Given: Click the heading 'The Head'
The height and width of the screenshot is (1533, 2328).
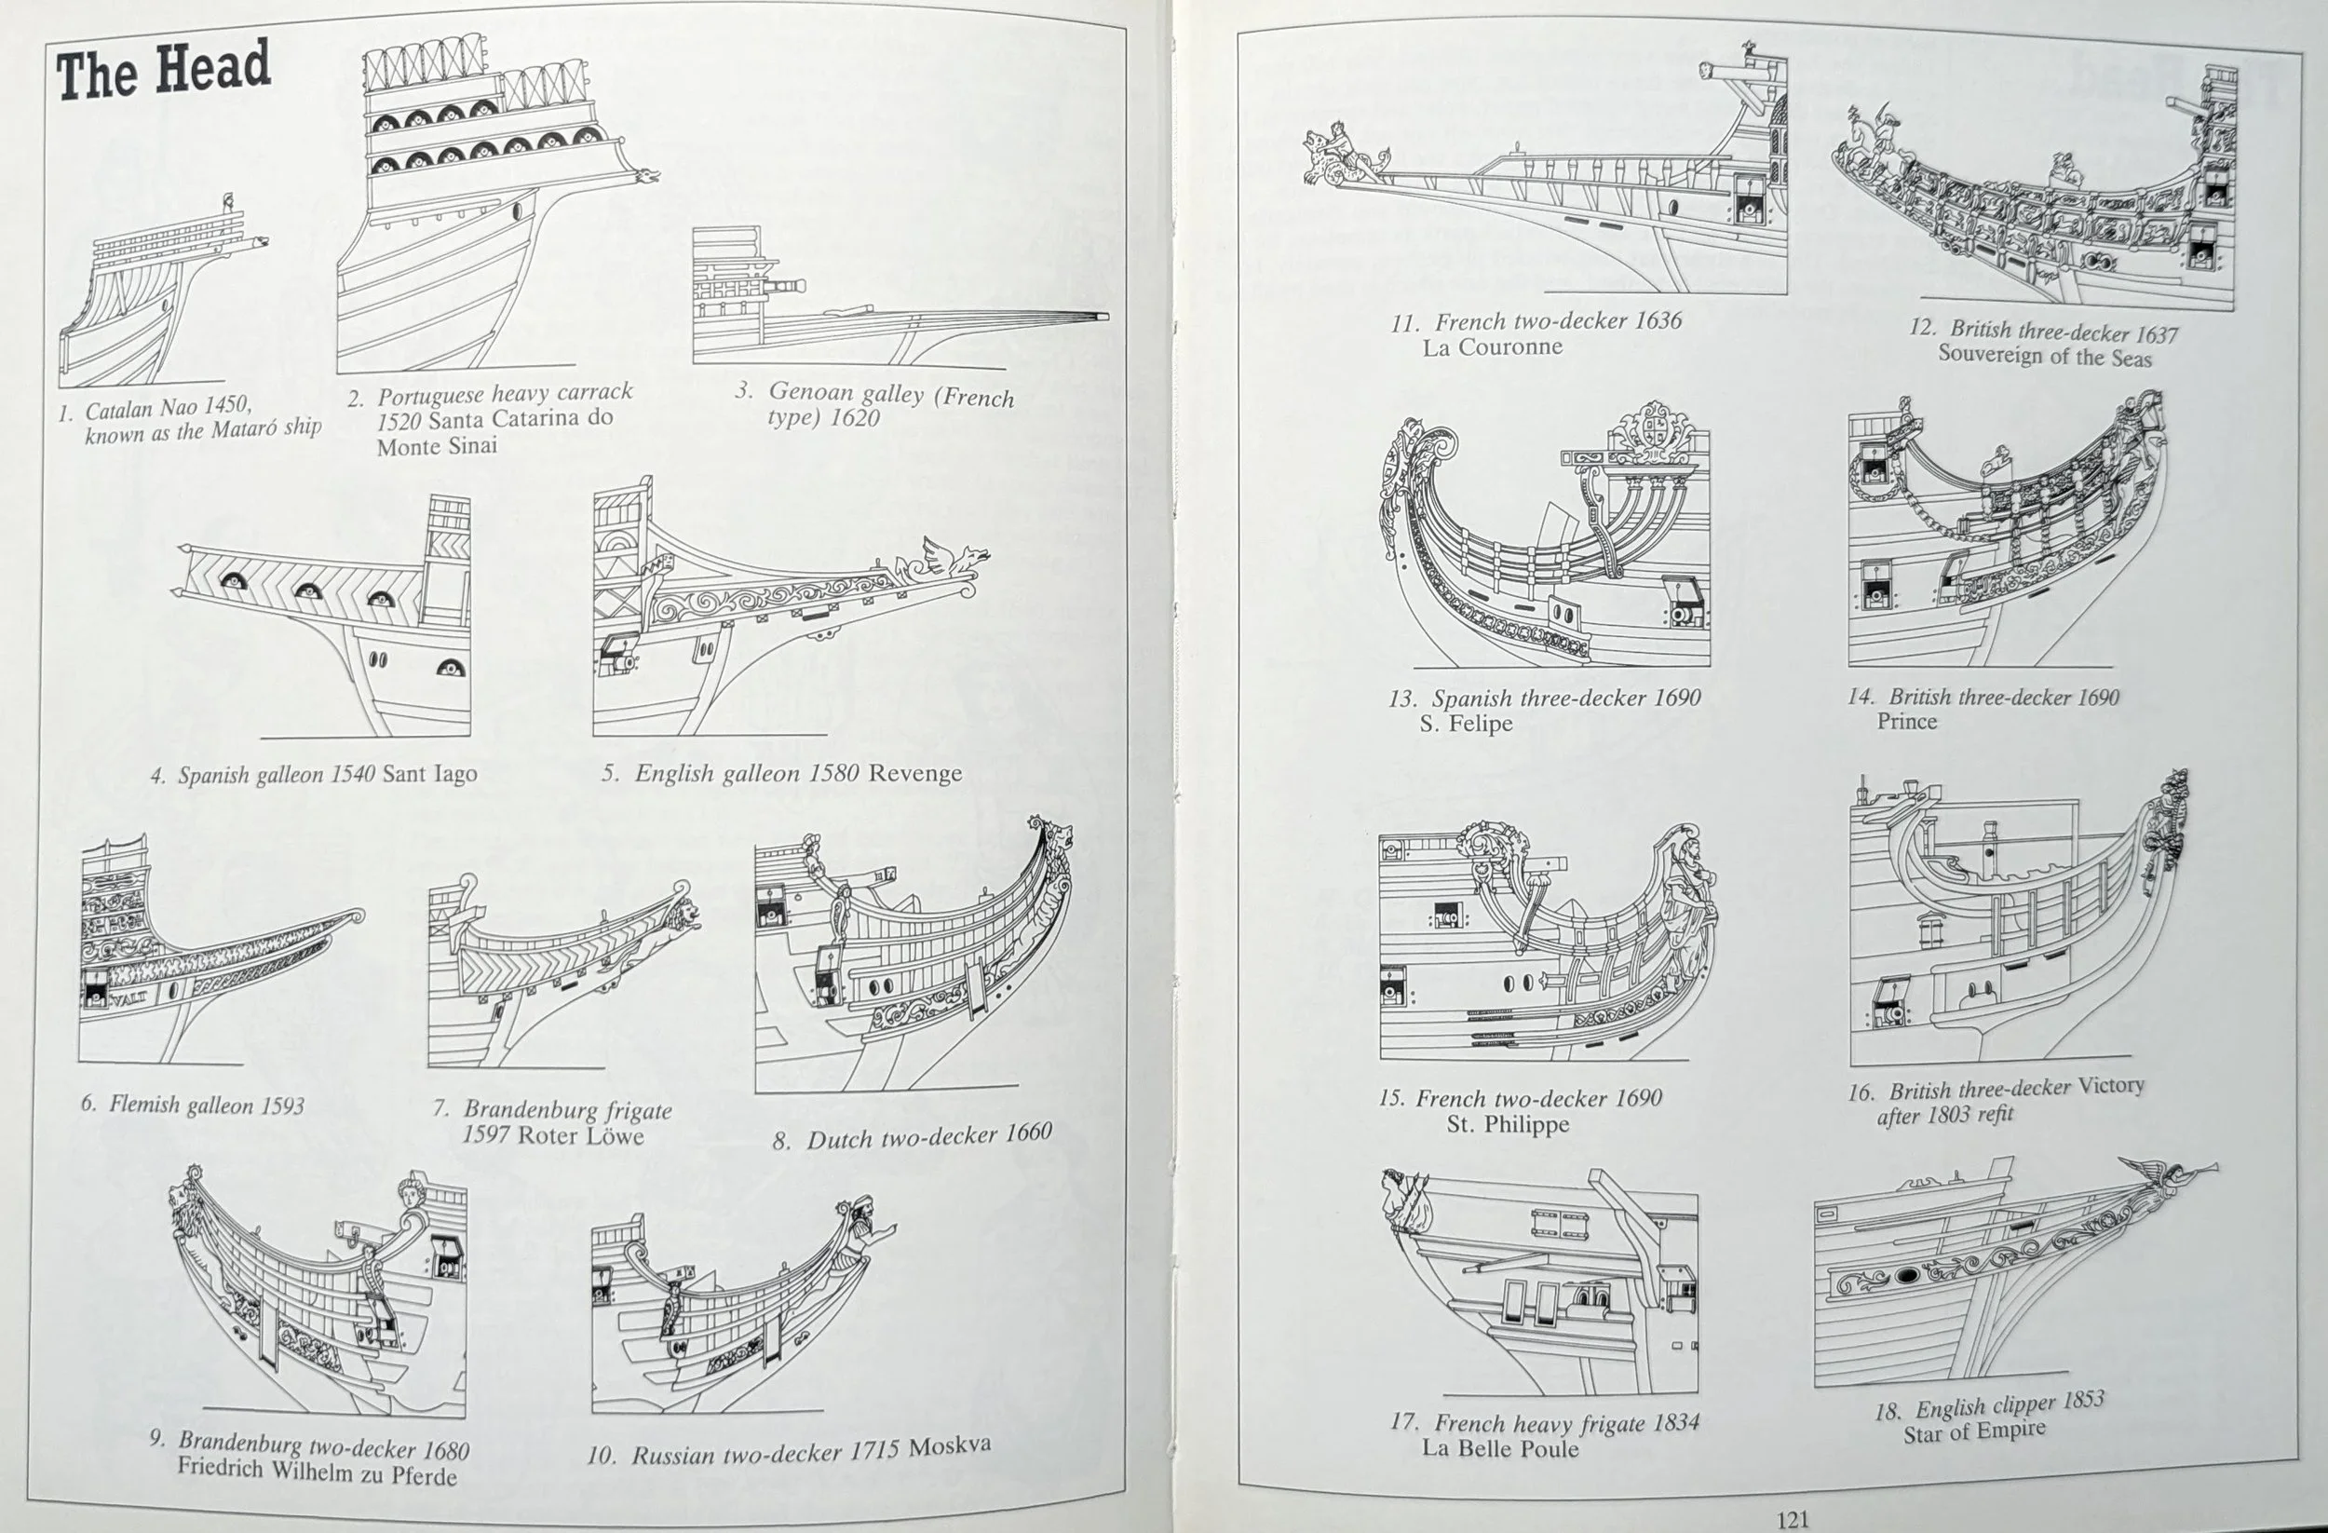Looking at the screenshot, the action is (163, 71).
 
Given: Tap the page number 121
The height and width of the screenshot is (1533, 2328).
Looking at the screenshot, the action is (1792, 1519).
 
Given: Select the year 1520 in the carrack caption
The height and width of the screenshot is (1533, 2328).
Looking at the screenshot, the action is (399, 421).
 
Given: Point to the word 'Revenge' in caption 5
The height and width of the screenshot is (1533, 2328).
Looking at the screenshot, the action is (914, 774).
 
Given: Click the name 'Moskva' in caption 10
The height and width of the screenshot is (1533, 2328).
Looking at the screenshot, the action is (949, 1447).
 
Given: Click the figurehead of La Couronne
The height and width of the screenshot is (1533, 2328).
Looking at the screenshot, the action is (1335, 156).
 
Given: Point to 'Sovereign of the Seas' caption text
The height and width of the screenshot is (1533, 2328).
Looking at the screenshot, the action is (2044, 356).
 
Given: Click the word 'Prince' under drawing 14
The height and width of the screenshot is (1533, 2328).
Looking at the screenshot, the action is (1906, 722).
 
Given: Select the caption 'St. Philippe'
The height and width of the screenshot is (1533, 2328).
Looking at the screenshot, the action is (1508, 1124).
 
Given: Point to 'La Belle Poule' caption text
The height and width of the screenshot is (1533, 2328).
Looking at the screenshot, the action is (1499, 1449).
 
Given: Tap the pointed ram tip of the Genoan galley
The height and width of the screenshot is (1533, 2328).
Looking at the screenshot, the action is (1103, 317).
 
